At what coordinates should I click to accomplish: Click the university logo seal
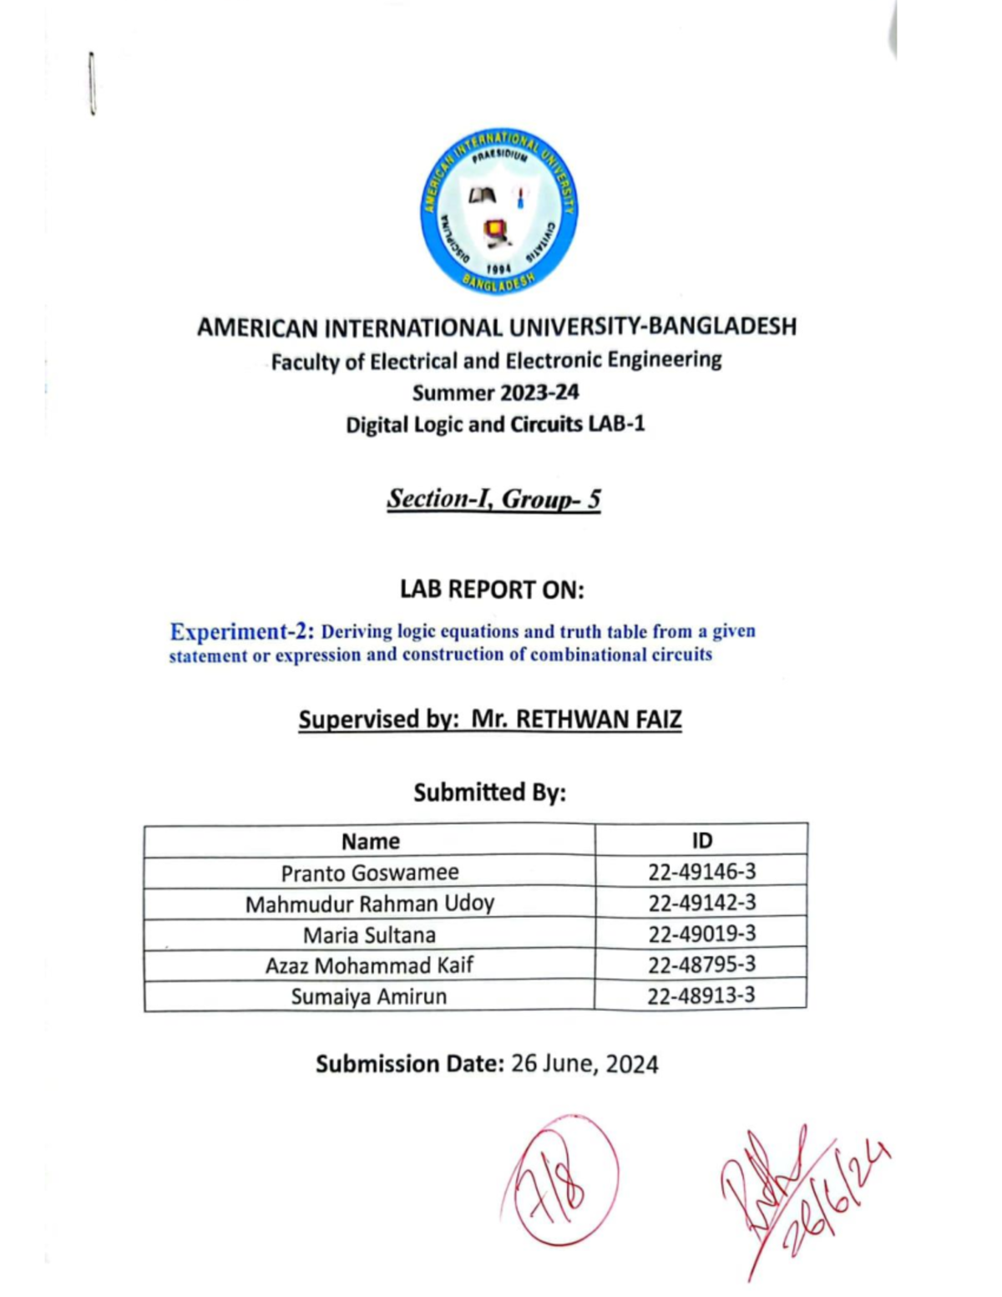point(498,212)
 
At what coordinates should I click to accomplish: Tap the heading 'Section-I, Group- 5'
point(493,499)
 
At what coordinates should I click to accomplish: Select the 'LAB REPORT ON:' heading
point(492,590)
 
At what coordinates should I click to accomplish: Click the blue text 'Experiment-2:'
point(242,631)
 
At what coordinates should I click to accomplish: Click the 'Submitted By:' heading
point(490,792)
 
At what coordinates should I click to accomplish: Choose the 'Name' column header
point(370,841)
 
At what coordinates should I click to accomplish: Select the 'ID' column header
point(701,841)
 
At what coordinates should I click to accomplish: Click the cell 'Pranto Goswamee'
point(370,873)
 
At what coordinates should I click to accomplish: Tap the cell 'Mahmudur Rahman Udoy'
point(370,904)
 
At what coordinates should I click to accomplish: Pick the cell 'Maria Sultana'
point(370,935)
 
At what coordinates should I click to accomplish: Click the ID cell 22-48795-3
point(701,965)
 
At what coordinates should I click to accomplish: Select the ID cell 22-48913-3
point(701,996)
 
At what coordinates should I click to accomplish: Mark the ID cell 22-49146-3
point(701,872)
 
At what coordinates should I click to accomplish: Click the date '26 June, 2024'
point(584,1064)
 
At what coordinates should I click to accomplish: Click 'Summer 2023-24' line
point(495,393)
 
